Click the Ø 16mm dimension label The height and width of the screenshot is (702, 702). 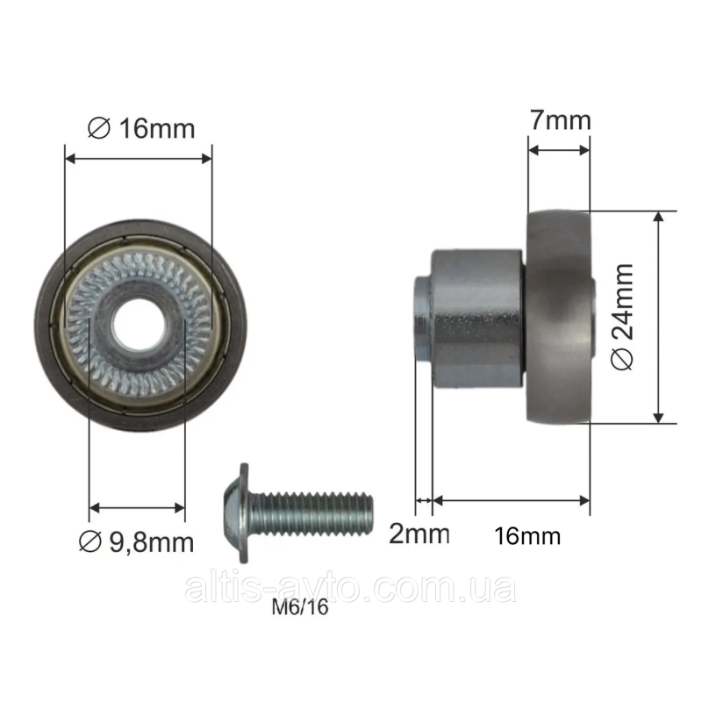pyautogui.click(x=141, y=128)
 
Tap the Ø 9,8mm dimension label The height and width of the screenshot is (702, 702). pyautogui.click(x=137, y=542)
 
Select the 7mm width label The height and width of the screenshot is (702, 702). pyautogui.click(x=561, y=120)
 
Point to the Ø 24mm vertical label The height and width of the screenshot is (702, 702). pyautogui.click(x=623, y=317)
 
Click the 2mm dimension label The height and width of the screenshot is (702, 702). pyautogui.click(x=419, y=534)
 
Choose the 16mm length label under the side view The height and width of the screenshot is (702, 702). pyautogui.click(x=527, y=536)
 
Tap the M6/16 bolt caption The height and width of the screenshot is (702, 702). pyautogui.click(x=300, y=607)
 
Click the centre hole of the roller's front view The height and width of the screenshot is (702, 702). pyautogui.click(x=140, y=326)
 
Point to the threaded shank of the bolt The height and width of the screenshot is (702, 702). pyautogui.click(x=311, y=513)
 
